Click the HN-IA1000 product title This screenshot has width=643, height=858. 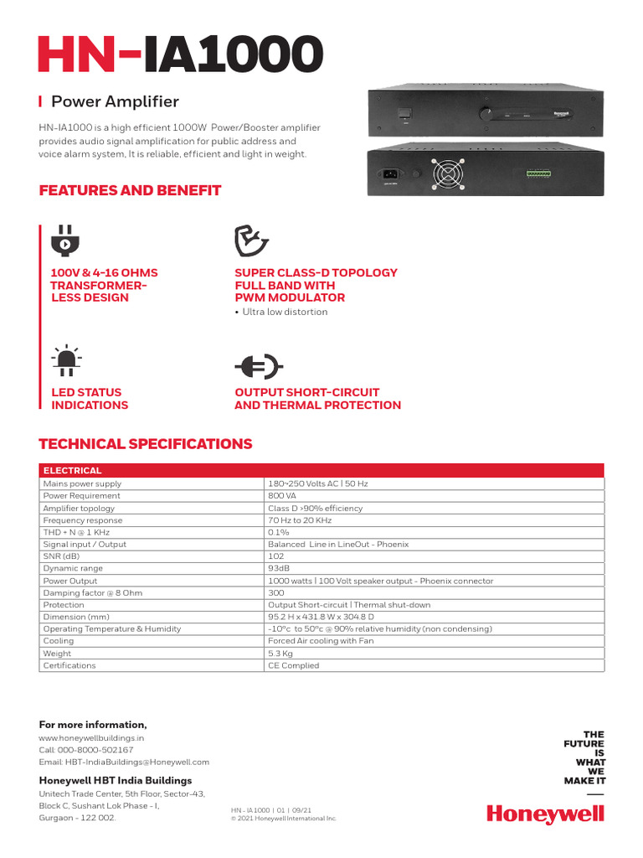tap(180, 55)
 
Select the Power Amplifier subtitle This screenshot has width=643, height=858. tap(115, 101)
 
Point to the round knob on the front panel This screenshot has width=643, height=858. tap(485, 112)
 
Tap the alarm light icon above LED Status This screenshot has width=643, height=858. tap(64, 360)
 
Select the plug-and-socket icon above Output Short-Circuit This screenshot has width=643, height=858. tap(259, 366)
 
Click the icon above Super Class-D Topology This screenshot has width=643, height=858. tap(251, 241)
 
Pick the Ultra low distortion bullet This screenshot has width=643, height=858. tap(282, 312)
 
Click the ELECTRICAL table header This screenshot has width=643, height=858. tap(73, 470)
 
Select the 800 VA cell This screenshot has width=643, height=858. tap(282, 495)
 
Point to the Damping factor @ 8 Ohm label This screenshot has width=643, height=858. tap(92, 592)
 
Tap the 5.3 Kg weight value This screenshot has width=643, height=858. tap(280, 653)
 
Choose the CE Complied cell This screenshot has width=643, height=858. tap(293, 665)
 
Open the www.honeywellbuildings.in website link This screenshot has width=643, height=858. tap(92, 738)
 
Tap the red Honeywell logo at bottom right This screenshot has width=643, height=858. tap(545, 813)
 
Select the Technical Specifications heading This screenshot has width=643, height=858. tap(146, 443)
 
